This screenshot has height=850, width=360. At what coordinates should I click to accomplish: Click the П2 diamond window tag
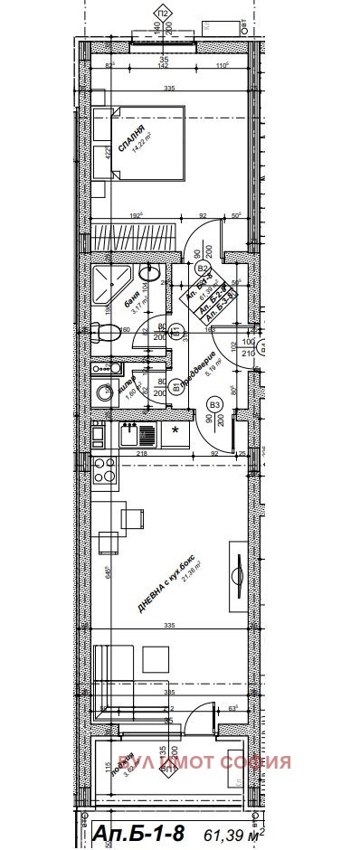(163, 14)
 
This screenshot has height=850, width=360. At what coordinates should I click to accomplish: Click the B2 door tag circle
(204, 269)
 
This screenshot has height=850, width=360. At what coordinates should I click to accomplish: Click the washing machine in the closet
(101, 392)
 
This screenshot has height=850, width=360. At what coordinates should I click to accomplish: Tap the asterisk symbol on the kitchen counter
(175, 431)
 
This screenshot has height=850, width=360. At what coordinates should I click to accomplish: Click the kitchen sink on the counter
(144, 434)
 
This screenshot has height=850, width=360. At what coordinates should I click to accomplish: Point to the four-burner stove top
(105, 470)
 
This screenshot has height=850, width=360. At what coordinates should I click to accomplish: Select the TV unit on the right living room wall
(236, 578)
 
